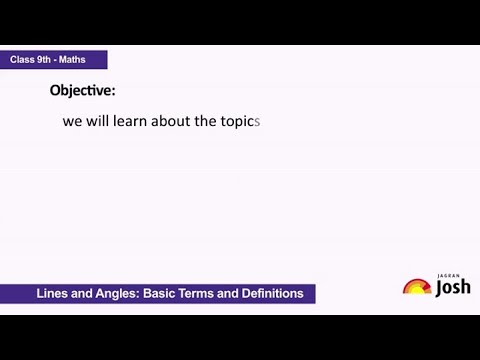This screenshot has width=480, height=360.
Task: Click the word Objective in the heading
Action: [x=81, y=90]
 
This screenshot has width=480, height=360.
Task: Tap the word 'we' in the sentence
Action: [x=71, y=123]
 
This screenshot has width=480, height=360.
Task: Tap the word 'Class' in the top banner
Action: [x=25, y=60]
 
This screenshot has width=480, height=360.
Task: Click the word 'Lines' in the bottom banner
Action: [x=52, y=294]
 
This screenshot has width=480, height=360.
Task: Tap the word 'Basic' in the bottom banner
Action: [x=162, y=294]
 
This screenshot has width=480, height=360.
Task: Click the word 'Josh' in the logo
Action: [x=454, y=288]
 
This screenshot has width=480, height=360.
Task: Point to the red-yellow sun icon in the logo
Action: [x=417, y=287]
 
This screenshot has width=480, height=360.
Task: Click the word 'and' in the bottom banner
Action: [x=82, y=294]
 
